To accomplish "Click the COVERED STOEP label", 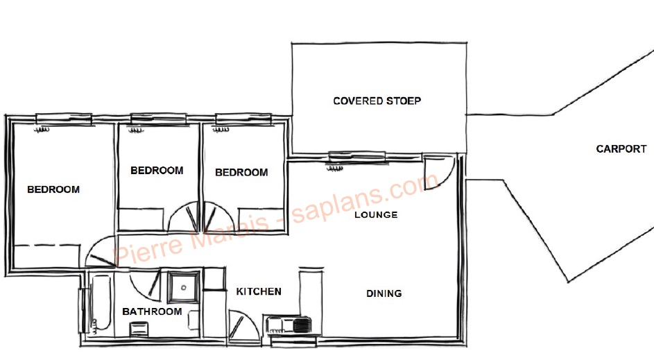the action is (377, 101).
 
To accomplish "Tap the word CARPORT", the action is (621, 149).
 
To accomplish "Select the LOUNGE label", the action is (376, 215).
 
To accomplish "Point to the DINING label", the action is (384, 293).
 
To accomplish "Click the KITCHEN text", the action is (259, 291).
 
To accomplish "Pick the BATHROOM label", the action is (152, 311).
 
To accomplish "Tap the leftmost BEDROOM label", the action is (53, 189).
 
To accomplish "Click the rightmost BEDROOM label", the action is (241, 172).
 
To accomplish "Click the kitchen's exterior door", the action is (244, 325).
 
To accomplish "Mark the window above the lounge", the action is (356, 157).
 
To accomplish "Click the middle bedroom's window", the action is (159, 119).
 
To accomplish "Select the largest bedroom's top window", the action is (63, 119).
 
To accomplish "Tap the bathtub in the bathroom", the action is (100, 303).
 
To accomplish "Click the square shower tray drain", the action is (183, 287).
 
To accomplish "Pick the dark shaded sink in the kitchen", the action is (302, 325).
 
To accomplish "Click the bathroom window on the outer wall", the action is (83, 311).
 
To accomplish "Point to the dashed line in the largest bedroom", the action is (46, 246).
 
